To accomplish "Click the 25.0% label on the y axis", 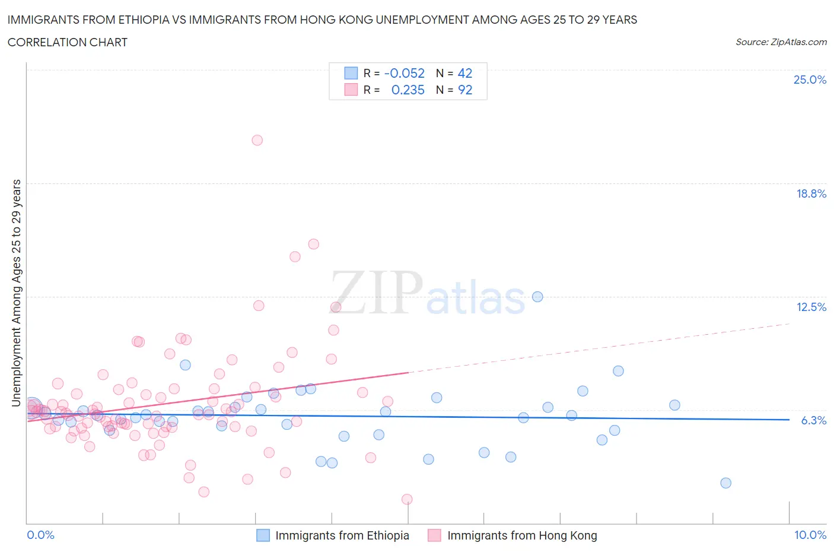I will point(810,80).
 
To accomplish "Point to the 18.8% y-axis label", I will point(811,193).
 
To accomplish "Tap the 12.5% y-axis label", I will point(811,307).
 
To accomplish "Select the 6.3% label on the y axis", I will point(813,420).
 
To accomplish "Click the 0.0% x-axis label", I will point(40,535).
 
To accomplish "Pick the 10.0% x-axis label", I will point(810,535).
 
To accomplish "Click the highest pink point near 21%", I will point(257,140).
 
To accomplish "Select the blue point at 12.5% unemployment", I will point(537,297).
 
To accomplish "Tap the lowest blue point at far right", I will point(725,483).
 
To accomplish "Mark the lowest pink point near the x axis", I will point(407,499).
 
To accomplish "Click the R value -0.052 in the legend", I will point(405,73).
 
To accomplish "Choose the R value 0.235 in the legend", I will point(408,90).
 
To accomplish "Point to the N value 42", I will point(465,73).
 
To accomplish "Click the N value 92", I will point(465,90).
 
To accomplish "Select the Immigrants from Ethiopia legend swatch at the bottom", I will point(263,535).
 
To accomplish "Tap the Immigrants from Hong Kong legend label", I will point(522,535).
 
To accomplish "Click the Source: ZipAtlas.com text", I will point(781,42).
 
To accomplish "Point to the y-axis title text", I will point(17,293).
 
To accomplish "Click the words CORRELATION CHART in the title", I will point(68,42).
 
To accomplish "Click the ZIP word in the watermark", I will point(376,293).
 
